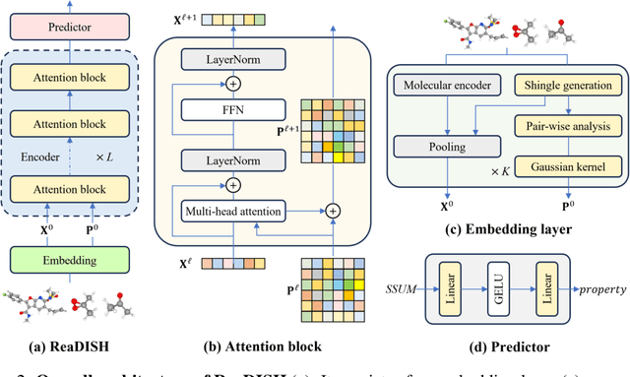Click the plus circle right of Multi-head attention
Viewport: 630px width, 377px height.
point(332,210)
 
